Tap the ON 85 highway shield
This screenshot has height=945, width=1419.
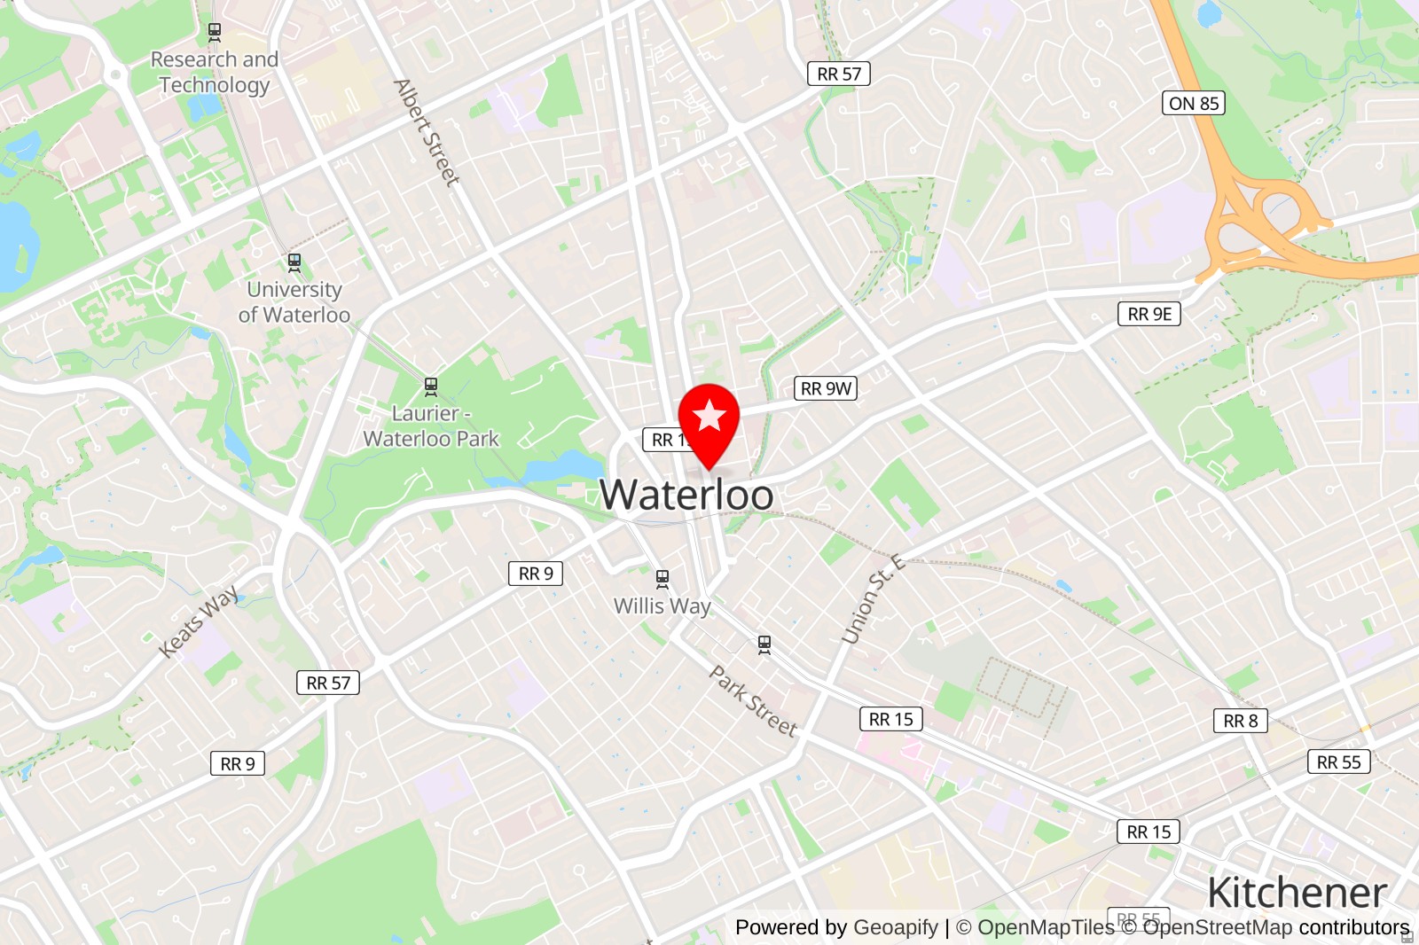1193,103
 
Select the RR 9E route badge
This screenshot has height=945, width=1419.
1149,314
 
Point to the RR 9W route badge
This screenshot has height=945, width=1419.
825,388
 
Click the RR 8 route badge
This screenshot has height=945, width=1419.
1240,721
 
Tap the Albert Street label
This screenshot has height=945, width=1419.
427,133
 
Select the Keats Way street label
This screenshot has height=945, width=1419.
199,621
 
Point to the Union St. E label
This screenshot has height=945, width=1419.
873,599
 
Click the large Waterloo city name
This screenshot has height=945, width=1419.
686,495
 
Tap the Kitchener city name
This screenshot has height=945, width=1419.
1297,893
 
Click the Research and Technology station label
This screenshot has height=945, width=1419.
215,72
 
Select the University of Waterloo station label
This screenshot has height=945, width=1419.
294,302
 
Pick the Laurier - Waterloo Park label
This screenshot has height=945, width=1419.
431,426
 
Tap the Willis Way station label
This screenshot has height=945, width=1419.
662,606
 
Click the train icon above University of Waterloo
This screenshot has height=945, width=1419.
294,262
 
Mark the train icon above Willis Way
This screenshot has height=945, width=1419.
662,579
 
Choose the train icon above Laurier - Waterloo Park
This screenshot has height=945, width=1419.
431,387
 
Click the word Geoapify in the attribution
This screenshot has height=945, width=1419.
895,927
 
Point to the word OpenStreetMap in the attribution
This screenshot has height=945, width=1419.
1217,927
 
